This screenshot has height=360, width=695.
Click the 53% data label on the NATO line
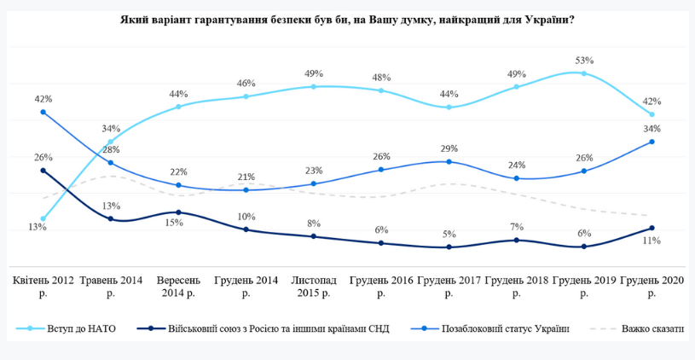click(x=584, y=61)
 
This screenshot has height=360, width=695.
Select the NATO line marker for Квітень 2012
click(x=43, y=218)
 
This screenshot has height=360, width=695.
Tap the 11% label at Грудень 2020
click(x=652, y=241)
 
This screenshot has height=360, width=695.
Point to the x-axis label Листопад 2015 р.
click(x=314, y=286)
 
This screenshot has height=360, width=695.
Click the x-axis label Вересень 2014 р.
click(x=178, y=286)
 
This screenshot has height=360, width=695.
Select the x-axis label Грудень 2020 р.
click(x=652, y=286)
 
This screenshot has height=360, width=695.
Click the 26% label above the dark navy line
click(x=43, y=157)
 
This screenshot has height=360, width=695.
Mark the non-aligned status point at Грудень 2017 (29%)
click(x=449, y=161)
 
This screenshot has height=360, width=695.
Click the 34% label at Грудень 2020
click(x=652, y=129)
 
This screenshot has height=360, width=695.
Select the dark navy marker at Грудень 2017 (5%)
click(x=449, y=247)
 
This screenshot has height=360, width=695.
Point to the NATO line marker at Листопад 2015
click(x=314, y=86)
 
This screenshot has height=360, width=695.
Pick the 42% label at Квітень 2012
click(x=43, y=99)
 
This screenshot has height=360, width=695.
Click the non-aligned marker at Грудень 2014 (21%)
click(x=246, y=189)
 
